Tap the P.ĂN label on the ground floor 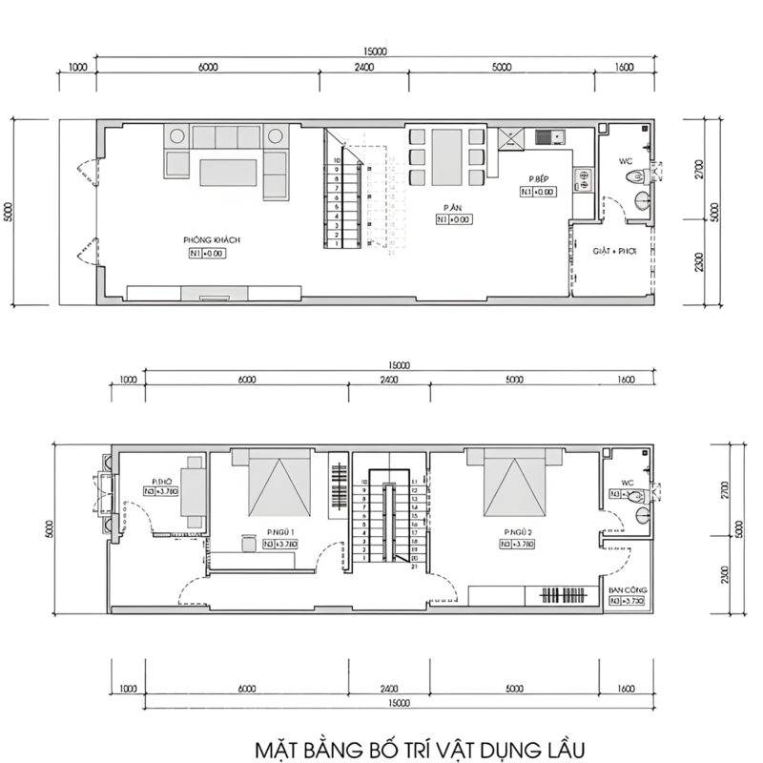(452, 206)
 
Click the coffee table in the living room (228, 173)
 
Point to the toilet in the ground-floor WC (654, 173)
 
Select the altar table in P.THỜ (194, 490)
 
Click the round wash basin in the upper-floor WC (643, 516)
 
